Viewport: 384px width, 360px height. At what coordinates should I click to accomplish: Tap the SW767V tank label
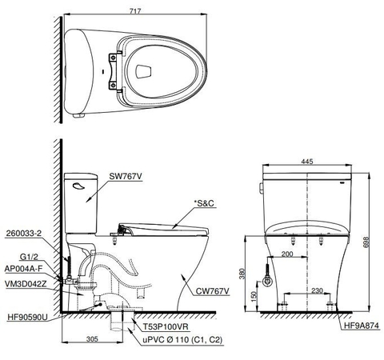126,176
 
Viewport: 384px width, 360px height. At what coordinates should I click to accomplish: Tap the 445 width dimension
307,161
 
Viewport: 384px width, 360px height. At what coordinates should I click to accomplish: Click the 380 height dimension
242,275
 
